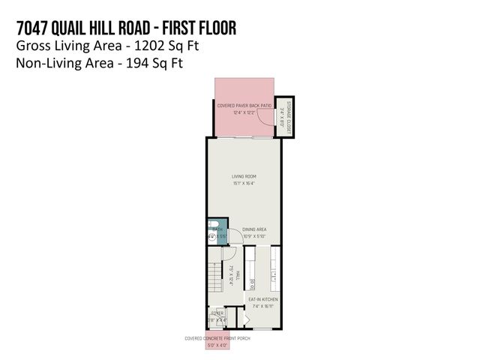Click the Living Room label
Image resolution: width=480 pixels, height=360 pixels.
(x=244, y=176)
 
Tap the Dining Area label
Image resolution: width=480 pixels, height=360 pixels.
(x=255, y=229)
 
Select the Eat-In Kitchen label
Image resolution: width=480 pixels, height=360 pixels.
(x=263, y=299)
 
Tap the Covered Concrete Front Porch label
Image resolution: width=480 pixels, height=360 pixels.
(x=217, y=338)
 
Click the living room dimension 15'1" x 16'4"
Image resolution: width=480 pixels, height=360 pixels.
(x=244, y=183)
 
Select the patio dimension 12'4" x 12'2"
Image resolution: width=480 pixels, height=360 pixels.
(x=244, y=113)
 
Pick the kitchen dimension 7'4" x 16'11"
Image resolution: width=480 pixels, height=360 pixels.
(x=263, y=306)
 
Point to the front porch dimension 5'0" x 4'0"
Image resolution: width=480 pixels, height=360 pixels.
(x=217, y=345)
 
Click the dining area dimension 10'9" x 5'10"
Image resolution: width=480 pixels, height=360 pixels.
(x=255, y=236)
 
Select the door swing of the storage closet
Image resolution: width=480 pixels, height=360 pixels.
(x=266, y=113)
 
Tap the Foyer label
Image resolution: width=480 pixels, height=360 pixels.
(x=217, y=313)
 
